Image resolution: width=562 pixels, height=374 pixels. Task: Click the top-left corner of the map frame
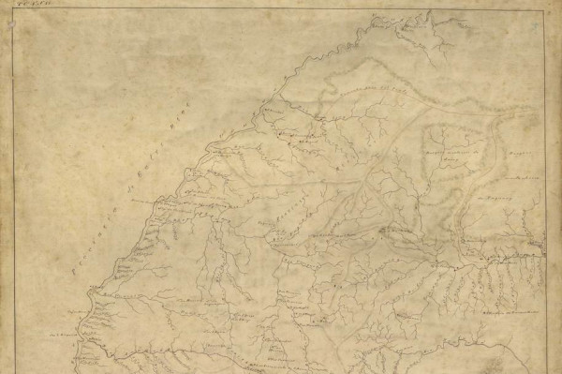pyautogui.click(x=13, y=10)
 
